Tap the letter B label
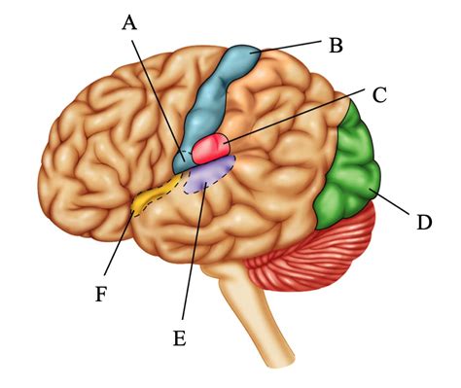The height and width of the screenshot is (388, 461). pyautogui.click(x=336, y=45)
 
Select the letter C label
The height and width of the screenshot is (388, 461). pyautogui.click(x=379, y=95)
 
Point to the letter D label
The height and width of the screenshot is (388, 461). pyautogui.click(x=423, y=223)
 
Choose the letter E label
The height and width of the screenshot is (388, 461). pyautogui.click(x=179, y=337)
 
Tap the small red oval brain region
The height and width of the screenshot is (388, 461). pyautogui.click(x=210, y=149)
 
